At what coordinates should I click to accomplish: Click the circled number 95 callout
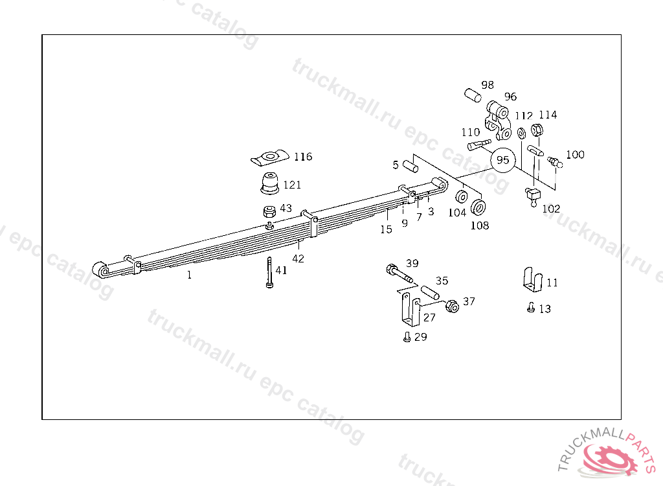503,160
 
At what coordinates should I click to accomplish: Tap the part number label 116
302,157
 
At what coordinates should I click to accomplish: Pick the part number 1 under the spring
189,275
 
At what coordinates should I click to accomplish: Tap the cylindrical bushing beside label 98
473,95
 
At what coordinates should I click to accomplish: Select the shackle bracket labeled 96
497,119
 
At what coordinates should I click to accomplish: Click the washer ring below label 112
521,133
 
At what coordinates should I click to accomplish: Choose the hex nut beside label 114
537,130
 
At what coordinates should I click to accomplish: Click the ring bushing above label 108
479,207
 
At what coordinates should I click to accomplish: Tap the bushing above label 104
462,197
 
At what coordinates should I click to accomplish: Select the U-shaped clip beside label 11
532,280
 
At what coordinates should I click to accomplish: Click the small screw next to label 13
531,308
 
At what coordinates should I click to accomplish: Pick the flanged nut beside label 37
453,305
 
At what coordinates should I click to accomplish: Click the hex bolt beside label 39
398,273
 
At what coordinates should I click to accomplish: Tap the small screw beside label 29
406,337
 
